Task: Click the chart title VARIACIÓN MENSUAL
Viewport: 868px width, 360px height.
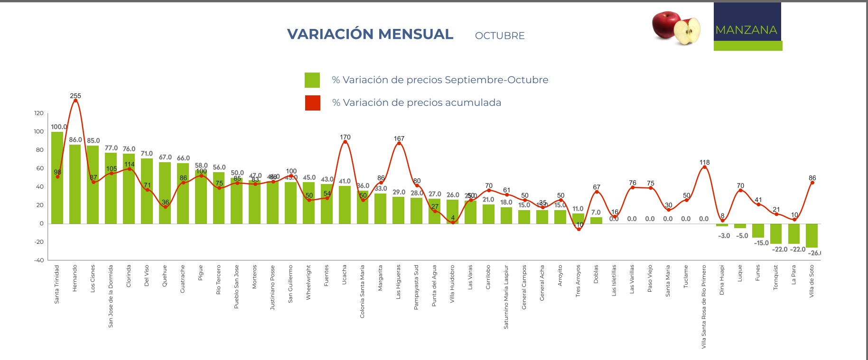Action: point(370,34)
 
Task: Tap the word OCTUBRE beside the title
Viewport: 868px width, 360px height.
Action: point(500,36)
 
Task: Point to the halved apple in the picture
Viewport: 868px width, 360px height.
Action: point(687,31)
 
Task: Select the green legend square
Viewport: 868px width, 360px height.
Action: point(312,80)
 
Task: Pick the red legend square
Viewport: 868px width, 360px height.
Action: point(312,103)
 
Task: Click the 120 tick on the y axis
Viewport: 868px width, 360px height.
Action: point(38,113)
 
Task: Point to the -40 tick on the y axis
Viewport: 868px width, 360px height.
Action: point(38,260)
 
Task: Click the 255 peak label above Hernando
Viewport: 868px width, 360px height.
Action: point(75,96)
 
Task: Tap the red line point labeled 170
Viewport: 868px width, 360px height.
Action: point(345,142)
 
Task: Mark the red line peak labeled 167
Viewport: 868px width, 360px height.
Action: point(399,143)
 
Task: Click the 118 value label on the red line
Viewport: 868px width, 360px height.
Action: point(705,163)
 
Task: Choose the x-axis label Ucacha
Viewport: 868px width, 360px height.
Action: point(345,275)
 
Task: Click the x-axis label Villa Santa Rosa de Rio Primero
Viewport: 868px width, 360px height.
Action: point(704,306)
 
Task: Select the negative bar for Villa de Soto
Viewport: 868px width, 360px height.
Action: point(812,235)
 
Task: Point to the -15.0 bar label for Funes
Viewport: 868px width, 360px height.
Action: point(761,243)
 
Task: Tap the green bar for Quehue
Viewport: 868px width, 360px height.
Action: point(165,192)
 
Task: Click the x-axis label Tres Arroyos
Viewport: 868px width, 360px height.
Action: point(578,281)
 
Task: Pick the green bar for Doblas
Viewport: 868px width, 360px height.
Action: point(596,221)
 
